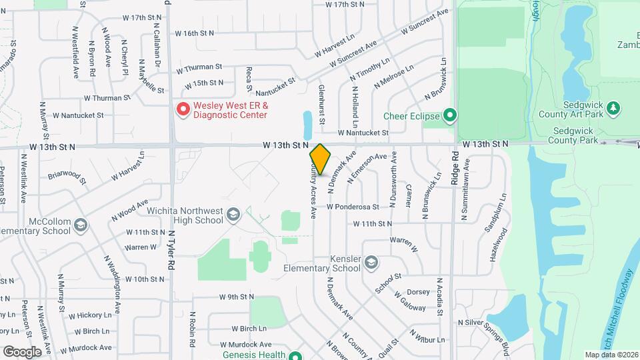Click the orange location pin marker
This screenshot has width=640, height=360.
(x=321, y=159)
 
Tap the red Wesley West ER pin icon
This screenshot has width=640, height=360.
(x=182, y=109)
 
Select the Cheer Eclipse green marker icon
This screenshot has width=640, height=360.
(x=450, y=117)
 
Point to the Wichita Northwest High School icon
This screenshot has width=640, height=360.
(x=233, y=214)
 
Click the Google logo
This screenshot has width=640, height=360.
(x=22, y=351)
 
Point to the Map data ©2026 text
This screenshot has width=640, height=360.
(x=611, y=355)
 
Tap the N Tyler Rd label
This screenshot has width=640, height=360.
(x=171, y=247)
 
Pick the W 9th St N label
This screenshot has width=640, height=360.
(x=237, y=296)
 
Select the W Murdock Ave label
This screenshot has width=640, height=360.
(x=86, y=348)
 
